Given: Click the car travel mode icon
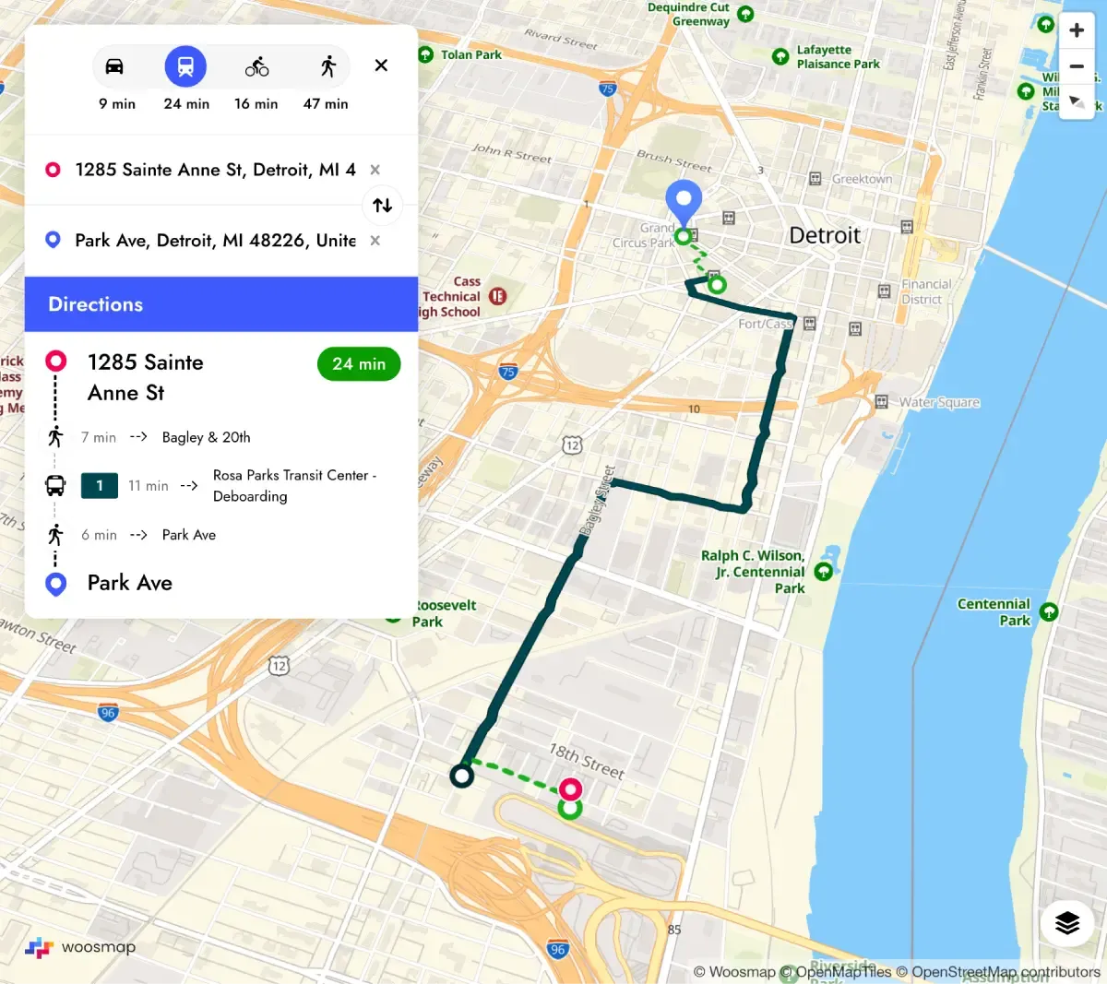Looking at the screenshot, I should click(x=114, y=66).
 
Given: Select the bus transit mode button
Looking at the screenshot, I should click(x=185, y=66).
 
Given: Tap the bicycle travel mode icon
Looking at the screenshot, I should click(x=256, y=66).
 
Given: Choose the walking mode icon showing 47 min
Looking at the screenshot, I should click(x=327, y=66).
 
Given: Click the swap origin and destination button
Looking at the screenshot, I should click(x=383, y=205).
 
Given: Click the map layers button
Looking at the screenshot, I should click(x=1067, y=922).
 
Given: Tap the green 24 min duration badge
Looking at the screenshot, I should click(x=359, y=364).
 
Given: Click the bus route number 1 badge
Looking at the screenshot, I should click(x=100, y=485).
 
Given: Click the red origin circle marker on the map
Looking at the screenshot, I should click(x=571, y=788).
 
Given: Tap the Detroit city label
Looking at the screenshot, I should click(x=825, y=235).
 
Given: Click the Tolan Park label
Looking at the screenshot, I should click(x=470, y=54).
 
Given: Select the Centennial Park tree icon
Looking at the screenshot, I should click(x=1049, y=611).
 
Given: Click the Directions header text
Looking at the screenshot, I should click(x=96, y=304).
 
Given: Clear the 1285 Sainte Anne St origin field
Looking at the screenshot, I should click(x=375, y=170).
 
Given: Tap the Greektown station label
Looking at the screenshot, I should click(x=862, y=179).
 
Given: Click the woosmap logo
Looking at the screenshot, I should click(x=81, y=947).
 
